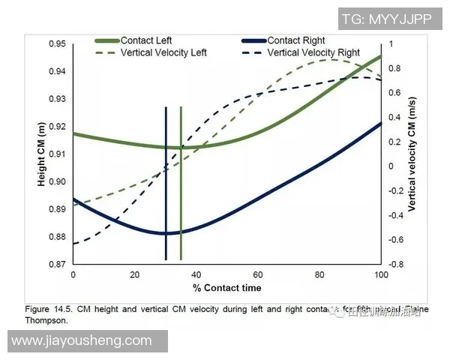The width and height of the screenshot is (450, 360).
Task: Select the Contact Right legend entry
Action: [294, 40]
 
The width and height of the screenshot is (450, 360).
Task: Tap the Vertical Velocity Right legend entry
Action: [313, 53]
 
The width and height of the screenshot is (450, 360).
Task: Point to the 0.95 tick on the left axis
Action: [57, 44]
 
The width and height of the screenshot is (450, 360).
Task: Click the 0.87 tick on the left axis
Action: [57, 265]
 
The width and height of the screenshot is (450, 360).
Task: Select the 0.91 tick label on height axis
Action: [57, 154]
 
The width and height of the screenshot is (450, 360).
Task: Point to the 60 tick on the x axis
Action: [258, 275]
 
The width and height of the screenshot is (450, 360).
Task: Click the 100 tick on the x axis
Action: [381, 275]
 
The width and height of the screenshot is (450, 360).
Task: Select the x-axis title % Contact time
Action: [226, 288]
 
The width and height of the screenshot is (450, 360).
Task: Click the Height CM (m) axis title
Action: [42, 154]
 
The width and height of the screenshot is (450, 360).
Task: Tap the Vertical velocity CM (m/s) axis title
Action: [412, 154]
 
